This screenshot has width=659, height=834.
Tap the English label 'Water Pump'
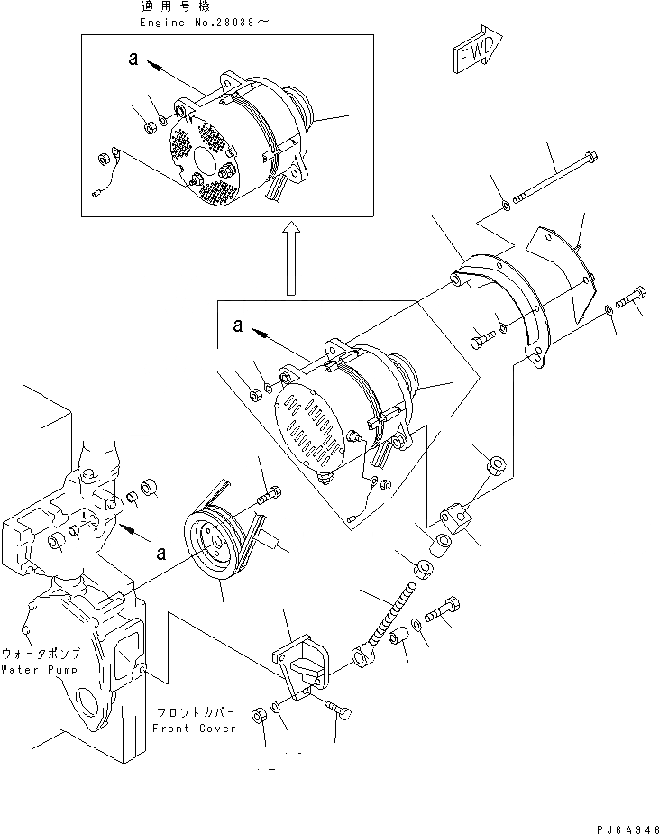41,670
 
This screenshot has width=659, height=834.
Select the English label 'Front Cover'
194,727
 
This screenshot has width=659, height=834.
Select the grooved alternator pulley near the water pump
214,545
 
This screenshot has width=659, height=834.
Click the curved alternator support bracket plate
505,298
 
